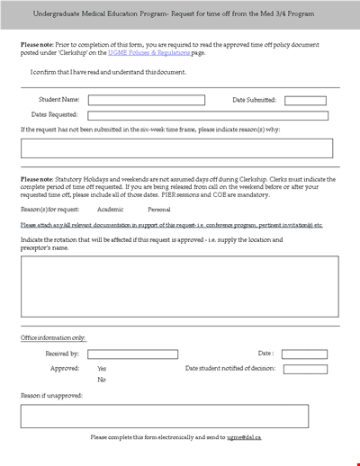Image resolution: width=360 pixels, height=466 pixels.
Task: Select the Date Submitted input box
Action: [x=306, y=101]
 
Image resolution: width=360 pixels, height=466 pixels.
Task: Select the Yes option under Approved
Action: [x=102, y=368]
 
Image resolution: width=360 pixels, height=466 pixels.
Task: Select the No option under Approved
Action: [x=101, y=380]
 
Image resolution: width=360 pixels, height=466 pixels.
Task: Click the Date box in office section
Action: [x=304, y=354]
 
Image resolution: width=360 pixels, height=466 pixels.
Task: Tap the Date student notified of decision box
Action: [x=304, y=369]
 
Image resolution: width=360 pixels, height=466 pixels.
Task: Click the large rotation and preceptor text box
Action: [x=180, y=286]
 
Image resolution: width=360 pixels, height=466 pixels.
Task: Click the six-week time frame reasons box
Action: [x=177, y=148]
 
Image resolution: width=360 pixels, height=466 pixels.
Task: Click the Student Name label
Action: [x=58, y=101]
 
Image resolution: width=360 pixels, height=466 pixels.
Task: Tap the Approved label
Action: [x=65, y=368]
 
